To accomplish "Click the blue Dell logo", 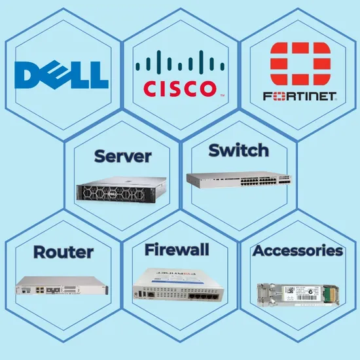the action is (x=62, y=75).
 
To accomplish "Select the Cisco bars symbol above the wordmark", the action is (x=180, y=61).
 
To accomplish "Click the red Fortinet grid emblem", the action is (x=300, y=63).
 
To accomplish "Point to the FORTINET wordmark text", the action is (x=300, y=96).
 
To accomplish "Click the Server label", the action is (x=123, y=156).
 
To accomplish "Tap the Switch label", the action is (x=239, y=150).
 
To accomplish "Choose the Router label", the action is (x=63, y=252).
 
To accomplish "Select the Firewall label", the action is (x=177, y=249).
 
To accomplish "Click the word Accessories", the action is (x=298, y=251).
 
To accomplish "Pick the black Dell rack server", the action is (x=122, y=190).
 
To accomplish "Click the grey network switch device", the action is (x=239, y=180).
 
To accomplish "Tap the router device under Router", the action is (x=62, y=286).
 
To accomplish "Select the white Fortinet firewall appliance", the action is (x=178, y=284).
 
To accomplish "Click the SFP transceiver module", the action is (x=298, y=295).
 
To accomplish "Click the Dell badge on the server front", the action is (x=111, y=194).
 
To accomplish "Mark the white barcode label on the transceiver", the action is (x=298, y=293).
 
